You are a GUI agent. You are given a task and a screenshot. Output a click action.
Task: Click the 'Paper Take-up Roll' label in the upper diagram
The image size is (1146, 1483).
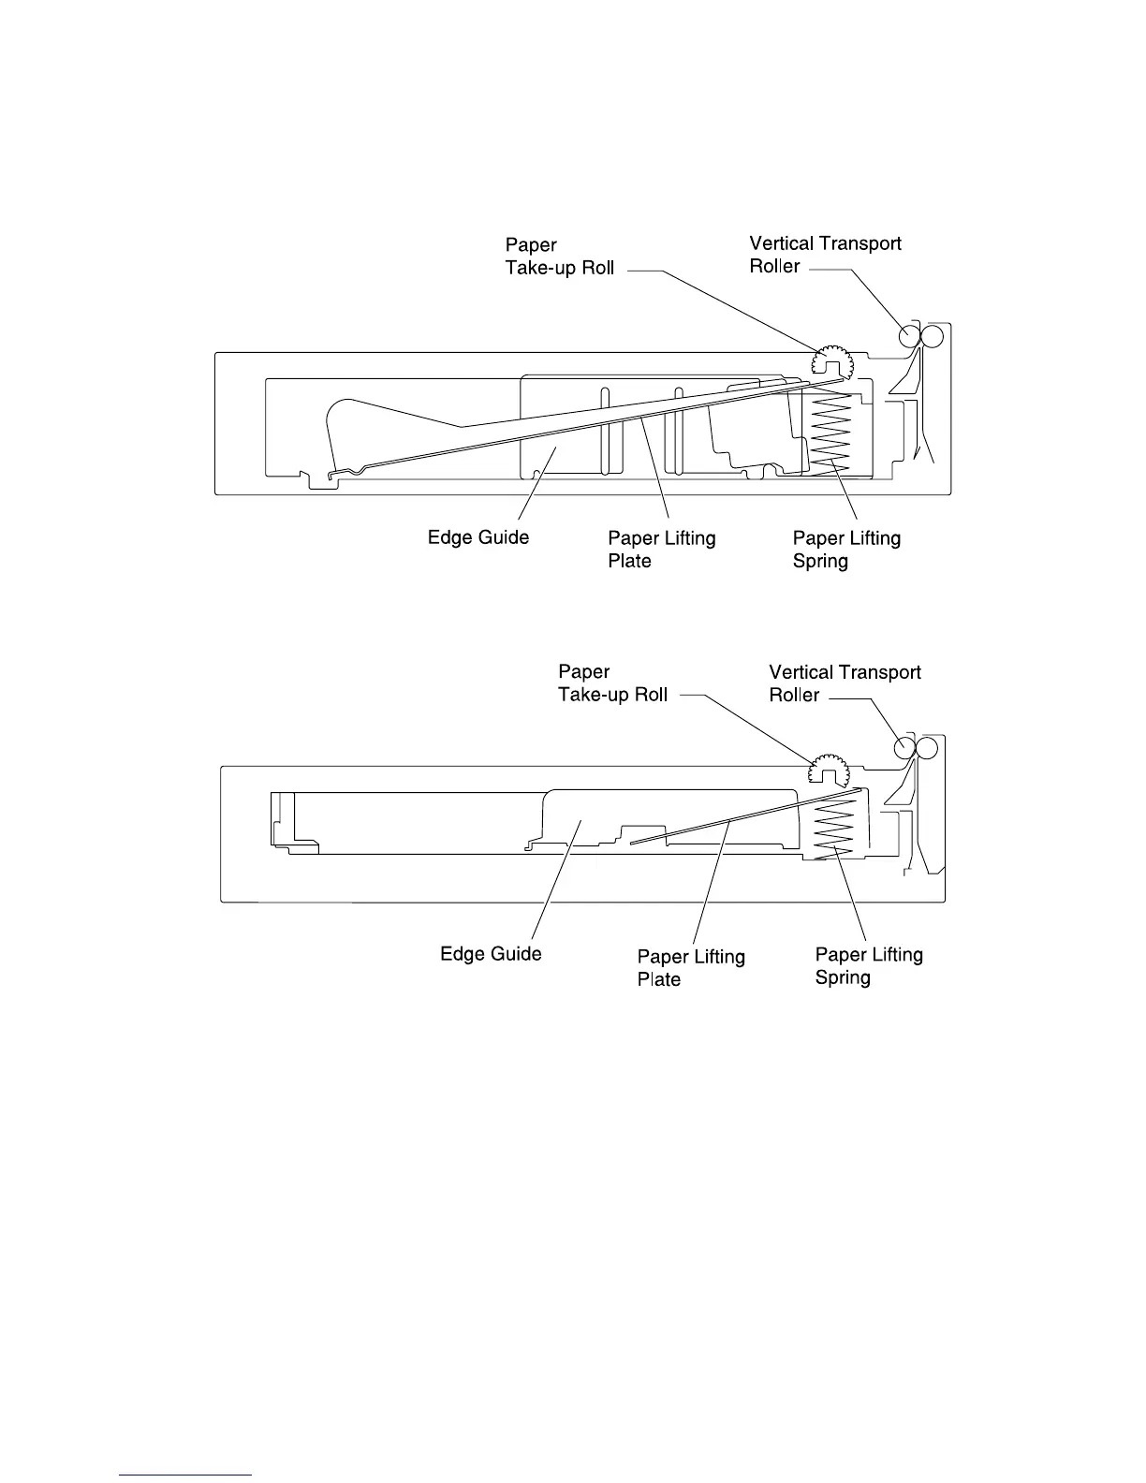tap(560, 256)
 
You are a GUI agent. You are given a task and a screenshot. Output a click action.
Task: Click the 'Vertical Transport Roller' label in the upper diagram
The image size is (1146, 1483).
tap(825, 255)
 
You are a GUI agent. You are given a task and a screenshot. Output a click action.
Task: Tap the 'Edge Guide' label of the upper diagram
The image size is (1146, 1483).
tap(477, 537)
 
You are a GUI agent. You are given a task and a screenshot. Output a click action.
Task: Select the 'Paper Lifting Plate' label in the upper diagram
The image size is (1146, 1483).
tap(661, 550)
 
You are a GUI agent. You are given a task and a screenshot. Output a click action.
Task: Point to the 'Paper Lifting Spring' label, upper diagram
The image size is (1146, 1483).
tap(846, 550)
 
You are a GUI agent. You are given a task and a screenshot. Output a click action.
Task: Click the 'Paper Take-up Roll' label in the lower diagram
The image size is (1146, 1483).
tap(612, 683)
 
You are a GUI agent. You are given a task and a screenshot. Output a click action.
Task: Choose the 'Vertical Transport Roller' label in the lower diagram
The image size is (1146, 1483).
tap(845, 683)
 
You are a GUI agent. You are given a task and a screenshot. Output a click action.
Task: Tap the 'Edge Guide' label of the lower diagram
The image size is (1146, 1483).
tap(491, 954)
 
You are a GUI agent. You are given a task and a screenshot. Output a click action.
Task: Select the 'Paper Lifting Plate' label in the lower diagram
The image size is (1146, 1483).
tap(691, 968)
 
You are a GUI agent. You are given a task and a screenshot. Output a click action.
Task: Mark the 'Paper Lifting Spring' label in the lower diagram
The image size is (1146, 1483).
tap(869, 966)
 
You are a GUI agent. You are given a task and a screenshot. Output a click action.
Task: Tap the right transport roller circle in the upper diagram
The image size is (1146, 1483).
tap(933, 335)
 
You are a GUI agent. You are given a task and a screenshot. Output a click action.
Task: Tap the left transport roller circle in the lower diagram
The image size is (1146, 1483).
tap(904, 746)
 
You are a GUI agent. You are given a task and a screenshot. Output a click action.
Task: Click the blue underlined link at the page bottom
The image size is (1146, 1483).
tap(186, 1474)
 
